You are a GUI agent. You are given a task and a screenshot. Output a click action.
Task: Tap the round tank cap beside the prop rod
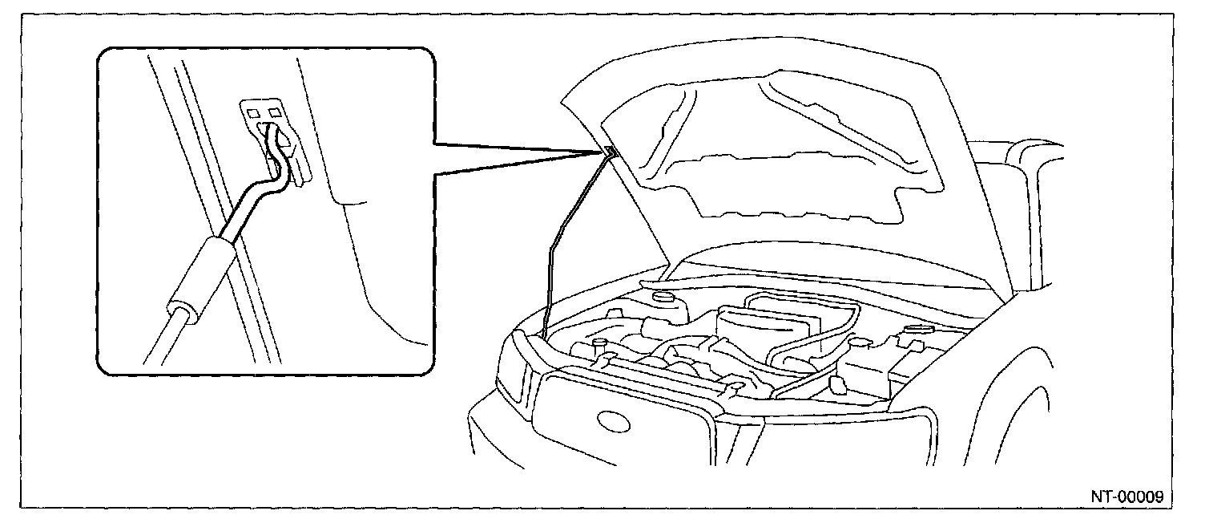click(662, 298)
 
